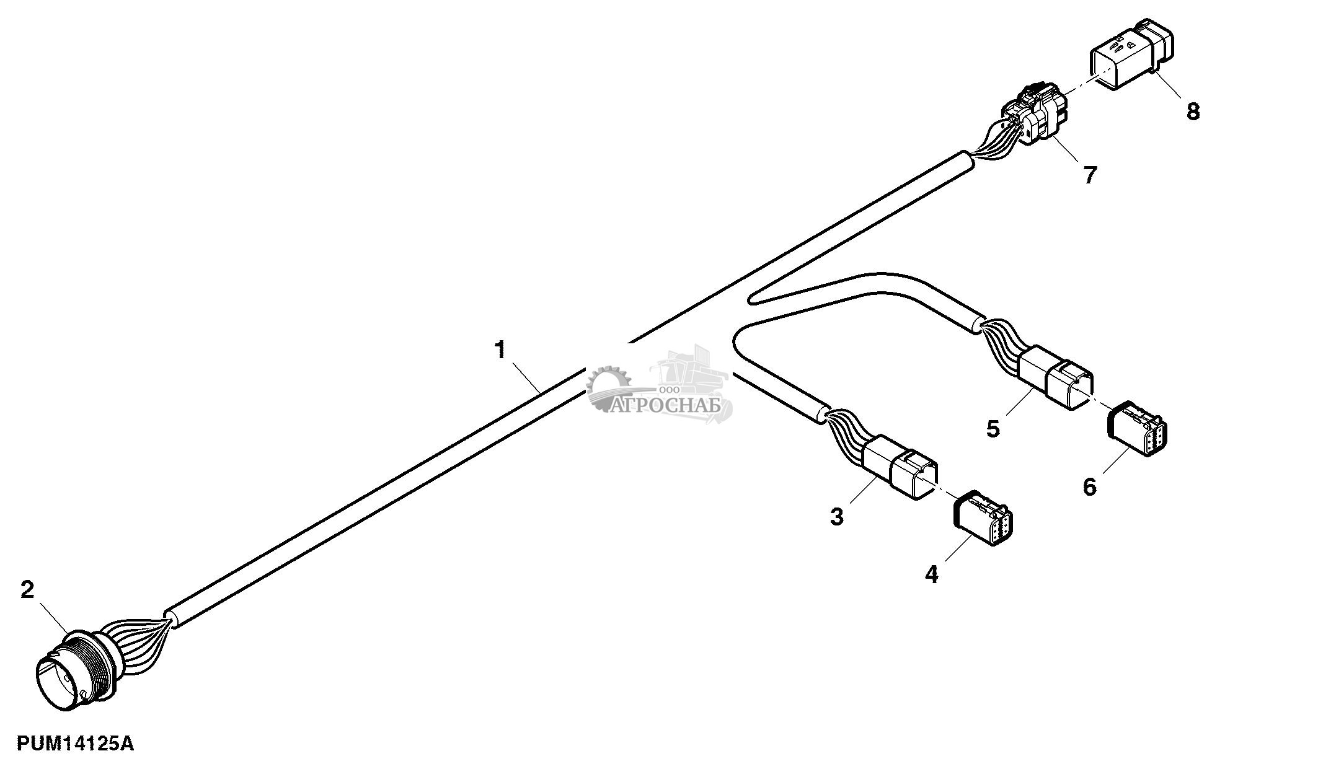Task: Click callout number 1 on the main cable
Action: coord(500,350)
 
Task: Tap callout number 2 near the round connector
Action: coord(27,589)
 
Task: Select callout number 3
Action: coord(837,516)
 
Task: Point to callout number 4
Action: coord(931,574)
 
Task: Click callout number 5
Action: coord(993,428)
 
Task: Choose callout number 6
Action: coord(1089,486)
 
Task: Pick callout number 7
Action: coord(1090,175)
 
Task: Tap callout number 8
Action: coord(1193,112)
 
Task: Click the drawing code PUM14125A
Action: coord(75,744)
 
